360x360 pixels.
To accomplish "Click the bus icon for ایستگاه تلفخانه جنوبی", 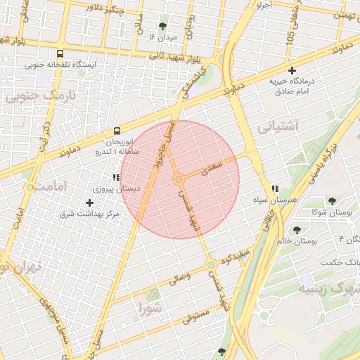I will pos(60,53).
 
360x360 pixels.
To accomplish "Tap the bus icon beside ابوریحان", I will pos(117,131).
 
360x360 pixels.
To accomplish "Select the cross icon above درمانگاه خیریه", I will pos(292,70).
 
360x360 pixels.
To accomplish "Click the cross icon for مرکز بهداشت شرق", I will pos(89,202).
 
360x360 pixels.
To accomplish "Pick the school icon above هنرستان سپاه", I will pos(275,188).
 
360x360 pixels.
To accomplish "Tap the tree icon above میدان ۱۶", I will pos(162,26).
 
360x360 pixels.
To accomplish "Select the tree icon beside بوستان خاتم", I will pos(297,229).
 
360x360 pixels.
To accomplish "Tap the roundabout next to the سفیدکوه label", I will pos(211,265).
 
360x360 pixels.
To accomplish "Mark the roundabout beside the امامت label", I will pos(30,188).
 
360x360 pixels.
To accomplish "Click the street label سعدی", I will pos(212,167).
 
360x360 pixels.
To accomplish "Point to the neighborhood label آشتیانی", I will pos(278,127).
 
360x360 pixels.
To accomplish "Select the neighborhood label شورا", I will pos(150,307).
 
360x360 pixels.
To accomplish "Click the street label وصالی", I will pos(179,278).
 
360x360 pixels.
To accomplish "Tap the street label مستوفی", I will pos(197,316).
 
